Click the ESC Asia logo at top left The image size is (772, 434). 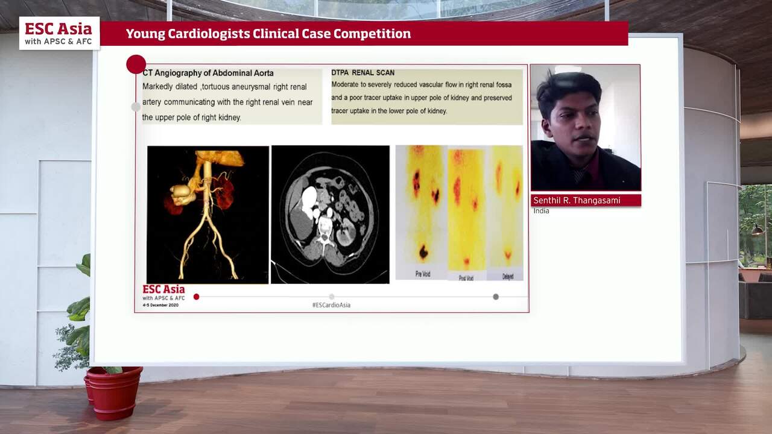pos(59,33)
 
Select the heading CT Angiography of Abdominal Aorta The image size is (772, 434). pos(208,73)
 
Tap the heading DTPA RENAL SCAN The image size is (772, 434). pos(362,73)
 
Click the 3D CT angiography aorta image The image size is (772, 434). pos(207,214)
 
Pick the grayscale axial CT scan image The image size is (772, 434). pos(330,214)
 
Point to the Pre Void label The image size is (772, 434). pos(423,275)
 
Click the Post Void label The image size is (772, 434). pos(466,277)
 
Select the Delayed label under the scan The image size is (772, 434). pos(508,277)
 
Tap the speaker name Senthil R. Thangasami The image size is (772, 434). pos(577,201)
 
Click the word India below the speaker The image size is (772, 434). pos(541,211)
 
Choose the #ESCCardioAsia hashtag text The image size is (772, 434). pos(331,305)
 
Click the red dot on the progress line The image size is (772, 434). pos(196,297)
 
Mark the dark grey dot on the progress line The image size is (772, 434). pos(496,297)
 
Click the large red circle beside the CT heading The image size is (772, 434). pos(136,64)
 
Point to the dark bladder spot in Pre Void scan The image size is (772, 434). pos(423,252)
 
